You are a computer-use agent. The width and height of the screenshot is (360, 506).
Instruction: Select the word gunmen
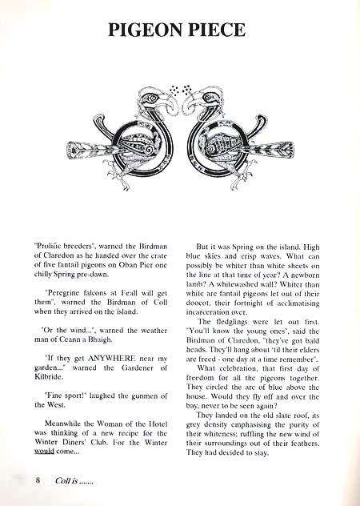coord(147,396)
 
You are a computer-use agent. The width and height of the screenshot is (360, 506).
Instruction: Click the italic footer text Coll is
coord(60,481)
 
